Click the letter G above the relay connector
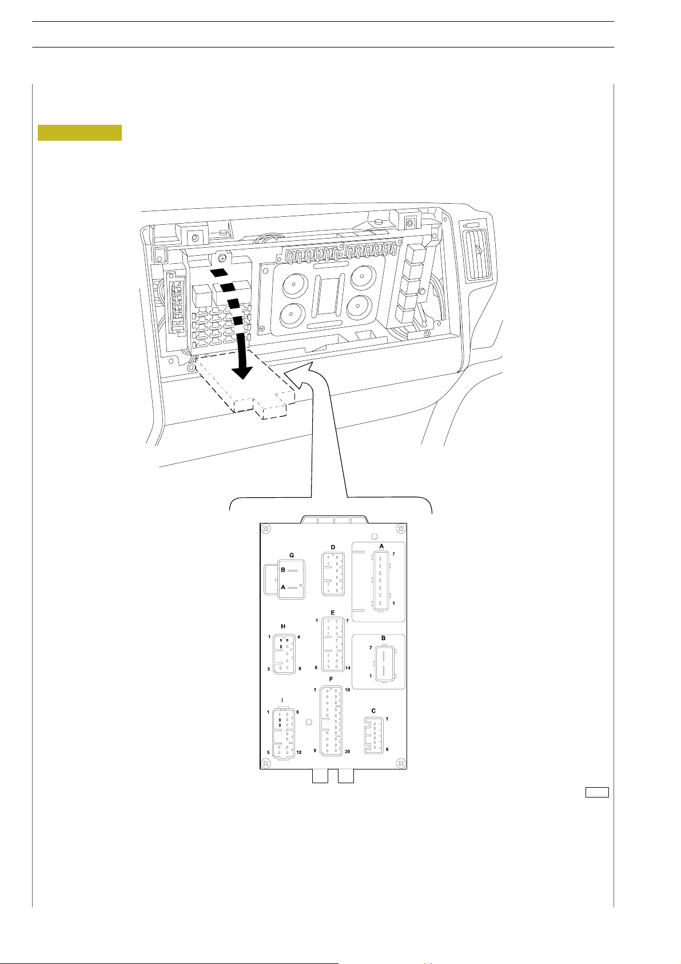click(x=292, y=556)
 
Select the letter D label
click(x=333, y=548)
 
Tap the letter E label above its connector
click(x=333, y=613)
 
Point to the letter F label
click(x=331, y=679)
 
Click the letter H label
click(x=283, y=626)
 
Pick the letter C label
click(x=373, y=711)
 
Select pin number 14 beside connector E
click(x=347, y=668)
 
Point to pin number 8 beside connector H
click(x=299, y=668)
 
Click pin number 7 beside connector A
click(x=393, y=554)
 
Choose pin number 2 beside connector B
click(x=371, y=648)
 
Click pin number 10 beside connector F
click(x=347, y=690)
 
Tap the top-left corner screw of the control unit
click(x=266, y=528)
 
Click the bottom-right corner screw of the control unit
click(x=401, y=763)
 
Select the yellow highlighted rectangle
click(x=79, y=132)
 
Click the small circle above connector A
click(x=374, y=537)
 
